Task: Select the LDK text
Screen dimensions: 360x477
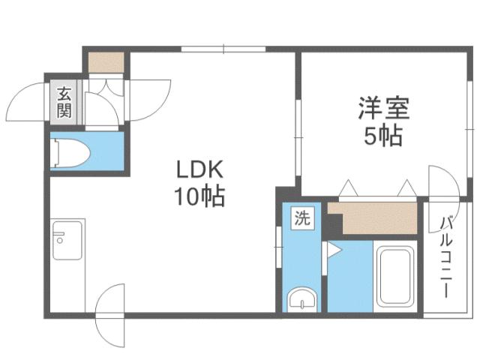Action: (199, 169)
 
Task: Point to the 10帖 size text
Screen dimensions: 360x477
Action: (199, 196)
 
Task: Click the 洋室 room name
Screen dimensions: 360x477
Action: (382, 109)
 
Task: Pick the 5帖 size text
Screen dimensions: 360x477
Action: (382, 137)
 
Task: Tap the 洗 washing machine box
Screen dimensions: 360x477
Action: (301, 220)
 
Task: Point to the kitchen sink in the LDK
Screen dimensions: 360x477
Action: (67, 240)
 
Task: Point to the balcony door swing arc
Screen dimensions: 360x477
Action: (442, 183)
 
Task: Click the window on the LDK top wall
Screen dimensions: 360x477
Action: (223, 49)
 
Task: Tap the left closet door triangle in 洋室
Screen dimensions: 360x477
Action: (349, 188)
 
